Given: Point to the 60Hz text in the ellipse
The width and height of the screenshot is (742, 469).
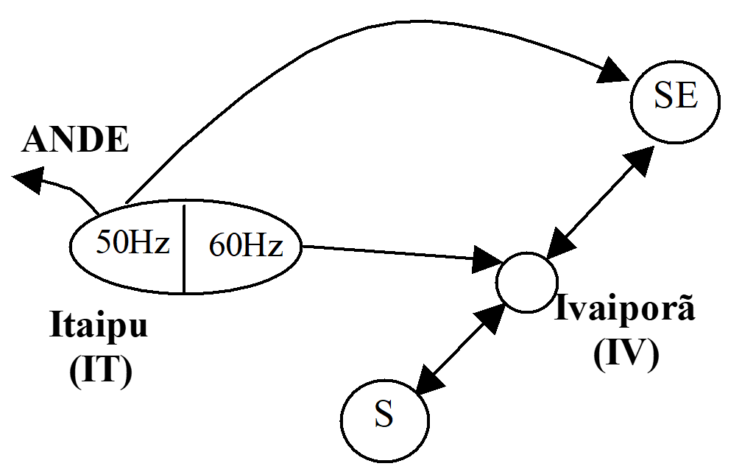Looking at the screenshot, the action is point(246,245).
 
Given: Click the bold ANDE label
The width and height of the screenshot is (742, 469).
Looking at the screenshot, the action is point(75,140).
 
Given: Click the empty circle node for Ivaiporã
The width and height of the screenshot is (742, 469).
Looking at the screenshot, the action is point(527,283).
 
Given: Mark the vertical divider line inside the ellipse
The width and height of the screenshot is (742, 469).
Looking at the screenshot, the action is point(184,249).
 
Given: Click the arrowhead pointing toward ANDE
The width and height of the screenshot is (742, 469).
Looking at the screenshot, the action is point(29,180).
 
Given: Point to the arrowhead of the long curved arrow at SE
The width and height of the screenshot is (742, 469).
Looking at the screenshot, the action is point(613,71).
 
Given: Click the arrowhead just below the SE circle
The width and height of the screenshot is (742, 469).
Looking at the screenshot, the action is point(639,161).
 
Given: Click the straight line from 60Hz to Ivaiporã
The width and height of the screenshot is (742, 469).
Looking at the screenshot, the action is point(388,253).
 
